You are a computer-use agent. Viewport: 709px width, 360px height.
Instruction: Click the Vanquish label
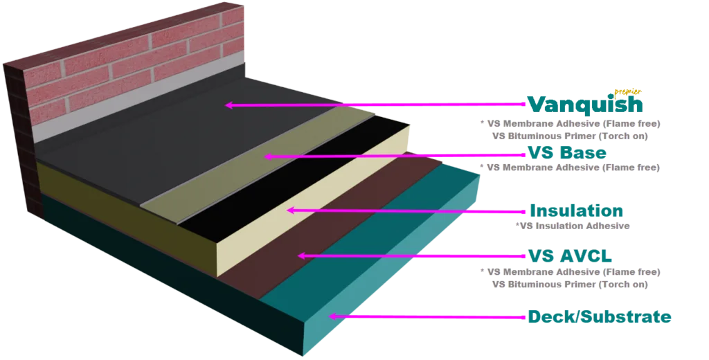584,105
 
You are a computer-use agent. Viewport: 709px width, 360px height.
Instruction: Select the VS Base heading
567,152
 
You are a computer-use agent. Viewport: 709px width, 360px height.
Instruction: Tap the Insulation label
575,211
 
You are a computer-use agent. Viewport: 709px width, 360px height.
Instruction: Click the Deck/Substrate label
599,317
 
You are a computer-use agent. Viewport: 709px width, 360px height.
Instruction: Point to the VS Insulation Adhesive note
572,226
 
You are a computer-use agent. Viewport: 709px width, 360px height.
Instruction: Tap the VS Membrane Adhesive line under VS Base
572,167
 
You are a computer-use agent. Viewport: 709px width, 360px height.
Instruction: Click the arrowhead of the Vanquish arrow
228,105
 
